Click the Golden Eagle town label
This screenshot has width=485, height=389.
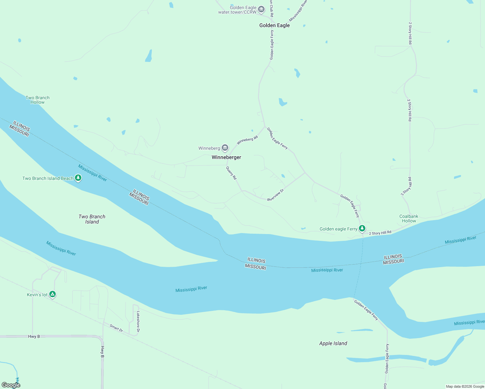click(274, 25)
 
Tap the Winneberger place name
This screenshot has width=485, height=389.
click(226, 157)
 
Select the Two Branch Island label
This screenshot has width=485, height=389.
click(92, 219)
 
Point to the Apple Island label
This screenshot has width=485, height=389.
click(333, 343)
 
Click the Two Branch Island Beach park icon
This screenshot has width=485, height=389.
click(78, 178)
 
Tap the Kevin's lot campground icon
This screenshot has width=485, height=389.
click(53, 294)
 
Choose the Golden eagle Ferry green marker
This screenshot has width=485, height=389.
click(362, 229)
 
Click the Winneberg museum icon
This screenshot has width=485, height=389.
click(225, 148)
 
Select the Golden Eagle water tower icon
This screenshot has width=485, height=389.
click(261, 10)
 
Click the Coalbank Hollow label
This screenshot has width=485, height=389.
click(409, 218)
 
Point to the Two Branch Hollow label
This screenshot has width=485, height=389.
click(38, 100)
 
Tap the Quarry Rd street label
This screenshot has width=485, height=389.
click(231, 173)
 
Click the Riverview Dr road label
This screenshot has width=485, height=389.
click(276, 195)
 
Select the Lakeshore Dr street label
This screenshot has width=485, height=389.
click(138, 322)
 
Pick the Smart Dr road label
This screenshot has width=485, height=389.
click(116, 328)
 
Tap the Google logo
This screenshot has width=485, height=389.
click(11, 385)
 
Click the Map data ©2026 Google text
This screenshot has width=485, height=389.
click(465, 386)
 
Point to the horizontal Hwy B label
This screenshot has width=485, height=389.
click(34, 336)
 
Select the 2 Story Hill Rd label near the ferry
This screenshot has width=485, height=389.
click(380, 233)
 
